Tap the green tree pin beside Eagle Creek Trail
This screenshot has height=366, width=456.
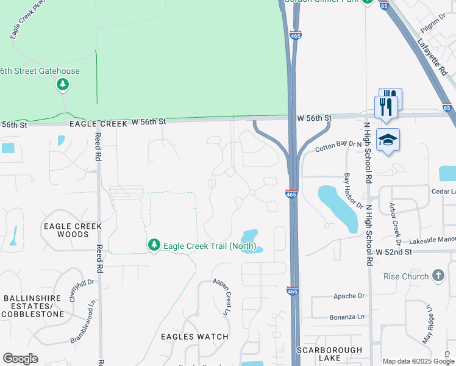(x=154, y=245)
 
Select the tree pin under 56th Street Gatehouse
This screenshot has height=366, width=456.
(x=63, y=85)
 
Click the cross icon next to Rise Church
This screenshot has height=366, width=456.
(x=438, y=276)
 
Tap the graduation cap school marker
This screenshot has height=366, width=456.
(x=388, y=141)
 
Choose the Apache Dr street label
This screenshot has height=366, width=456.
(x=348, y=296)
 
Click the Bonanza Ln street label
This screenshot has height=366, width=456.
(x=347, y=317)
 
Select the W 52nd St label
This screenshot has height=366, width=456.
(x=394, y=252)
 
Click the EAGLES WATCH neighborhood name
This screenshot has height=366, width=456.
(x=194, y=337)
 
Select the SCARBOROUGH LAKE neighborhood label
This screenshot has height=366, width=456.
(x=329, y=354)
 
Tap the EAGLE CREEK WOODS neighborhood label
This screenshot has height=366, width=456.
(x=72, y=230)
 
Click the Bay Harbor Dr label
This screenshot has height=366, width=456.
(x=353, y=190)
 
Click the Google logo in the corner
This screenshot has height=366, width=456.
(x=20, y=359)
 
